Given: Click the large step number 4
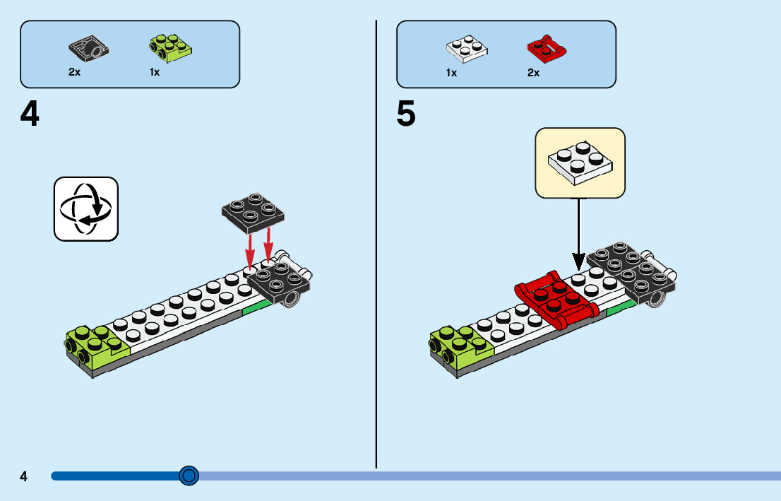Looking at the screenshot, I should click(x=30, y=114).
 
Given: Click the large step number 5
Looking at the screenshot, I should click(x=406, y=114).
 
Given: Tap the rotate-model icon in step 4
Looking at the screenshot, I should click(x=86, y=209).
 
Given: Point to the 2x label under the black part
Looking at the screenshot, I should click(x=74, y=73).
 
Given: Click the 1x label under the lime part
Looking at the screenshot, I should click(x=155, y=73).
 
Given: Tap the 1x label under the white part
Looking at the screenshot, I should click(x=451, y=73).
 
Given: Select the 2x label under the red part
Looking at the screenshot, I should click(x=533, y=73).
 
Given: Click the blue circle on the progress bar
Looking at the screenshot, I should click(x=189, y=476).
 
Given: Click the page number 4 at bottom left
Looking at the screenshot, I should click(x=23, y=476).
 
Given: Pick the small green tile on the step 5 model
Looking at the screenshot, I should click(x=621, y=307).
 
